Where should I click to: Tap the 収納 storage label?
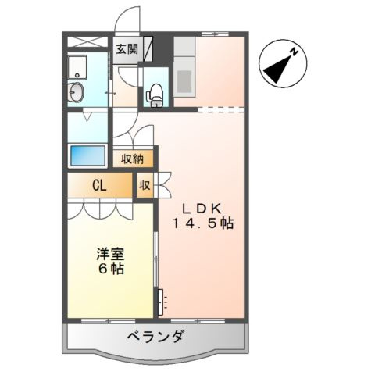[x=133, y=159]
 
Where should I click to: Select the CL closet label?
[x=100, y=186]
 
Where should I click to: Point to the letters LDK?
[x=203, y=207]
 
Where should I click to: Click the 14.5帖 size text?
[x=203, y=223]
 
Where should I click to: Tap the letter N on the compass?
[x=295, y=52]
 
